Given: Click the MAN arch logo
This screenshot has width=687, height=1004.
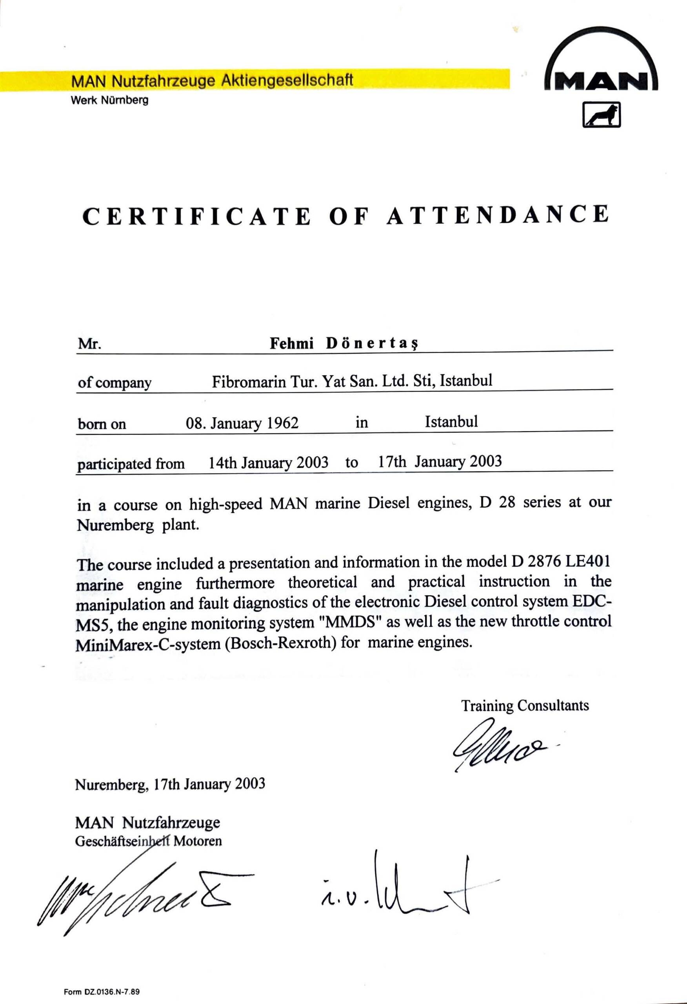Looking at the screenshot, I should [x=602, y=65].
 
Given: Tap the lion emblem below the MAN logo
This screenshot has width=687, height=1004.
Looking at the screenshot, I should [x=602, y=115].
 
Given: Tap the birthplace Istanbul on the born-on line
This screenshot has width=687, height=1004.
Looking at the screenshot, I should [x=451, y=421].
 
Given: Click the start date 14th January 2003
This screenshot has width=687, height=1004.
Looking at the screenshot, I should [x=268, y=463].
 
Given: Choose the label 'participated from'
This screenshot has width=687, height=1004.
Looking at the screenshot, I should [x=131, y=464].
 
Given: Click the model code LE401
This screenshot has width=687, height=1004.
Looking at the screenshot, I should [x=589, y=562].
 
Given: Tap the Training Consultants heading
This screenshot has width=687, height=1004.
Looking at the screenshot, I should [x=525, y=705].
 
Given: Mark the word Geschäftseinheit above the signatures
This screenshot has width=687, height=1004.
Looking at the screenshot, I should [x=122, y=841].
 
